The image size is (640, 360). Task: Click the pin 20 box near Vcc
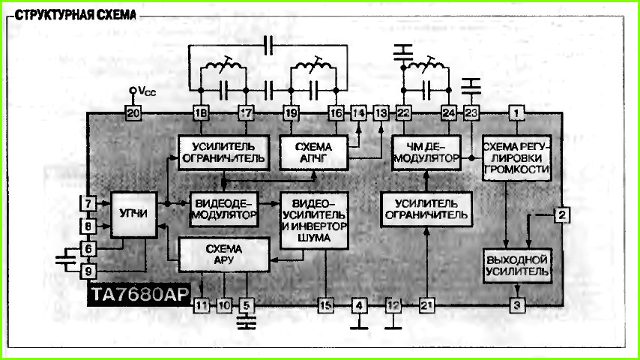coord(133,113)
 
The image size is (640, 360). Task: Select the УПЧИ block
coord(134,214)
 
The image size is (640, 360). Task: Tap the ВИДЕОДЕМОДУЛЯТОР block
coord(223,209)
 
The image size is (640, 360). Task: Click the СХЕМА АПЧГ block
coord(313,153)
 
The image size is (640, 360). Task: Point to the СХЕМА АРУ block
coord(224,254)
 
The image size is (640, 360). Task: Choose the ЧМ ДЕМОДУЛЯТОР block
coord(426,153)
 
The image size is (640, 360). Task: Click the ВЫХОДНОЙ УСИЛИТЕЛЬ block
coord(517,265)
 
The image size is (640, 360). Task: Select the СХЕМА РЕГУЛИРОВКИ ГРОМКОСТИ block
coord(517,158)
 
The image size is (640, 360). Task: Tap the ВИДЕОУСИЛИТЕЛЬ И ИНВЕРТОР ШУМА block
coord(314,220)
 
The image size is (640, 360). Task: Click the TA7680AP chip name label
coord(139,294)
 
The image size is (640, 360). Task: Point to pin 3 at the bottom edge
coord(517,305)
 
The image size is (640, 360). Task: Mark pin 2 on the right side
coord(562,215)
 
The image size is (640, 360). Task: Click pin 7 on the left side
coord(88,203)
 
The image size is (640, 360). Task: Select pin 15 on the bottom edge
coord(325,305)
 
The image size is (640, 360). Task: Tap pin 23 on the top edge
coord(471,113)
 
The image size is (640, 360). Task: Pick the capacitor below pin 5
coord(246,322)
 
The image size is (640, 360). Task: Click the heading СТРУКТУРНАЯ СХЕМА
coord(76,15)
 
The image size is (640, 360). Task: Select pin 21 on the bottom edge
coord(426,305)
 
